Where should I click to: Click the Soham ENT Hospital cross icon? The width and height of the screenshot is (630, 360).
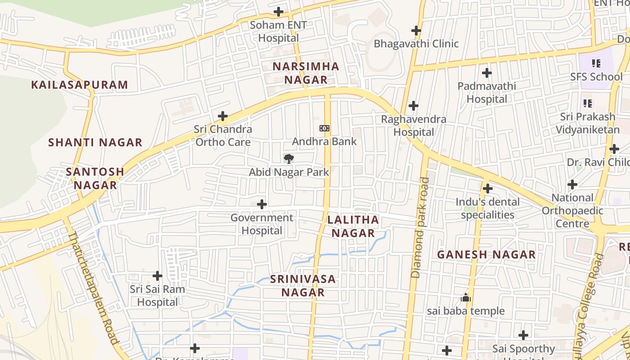[279, 12]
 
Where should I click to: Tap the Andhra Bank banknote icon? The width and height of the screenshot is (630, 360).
[324, 128]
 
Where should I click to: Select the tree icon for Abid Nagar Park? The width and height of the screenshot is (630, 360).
[289, 158]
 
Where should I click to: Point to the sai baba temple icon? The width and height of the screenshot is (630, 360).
[466, 297]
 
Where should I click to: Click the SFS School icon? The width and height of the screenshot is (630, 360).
[596, 63]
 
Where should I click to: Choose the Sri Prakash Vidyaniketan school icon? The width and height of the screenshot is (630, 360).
[587, 103]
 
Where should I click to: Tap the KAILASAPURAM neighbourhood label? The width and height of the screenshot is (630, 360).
[80, 85]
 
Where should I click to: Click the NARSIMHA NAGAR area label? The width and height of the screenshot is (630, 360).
[306, 73]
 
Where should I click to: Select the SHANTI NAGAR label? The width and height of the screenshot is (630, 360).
[95, 143]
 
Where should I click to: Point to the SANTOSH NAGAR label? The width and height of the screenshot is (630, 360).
[95, 178]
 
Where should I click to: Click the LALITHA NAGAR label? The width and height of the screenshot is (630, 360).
[353, 226]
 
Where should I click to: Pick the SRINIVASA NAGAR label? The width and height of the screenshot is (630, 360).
[303, 285]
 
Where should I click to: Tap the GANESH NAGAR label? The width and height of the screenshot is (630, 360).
[486, 255]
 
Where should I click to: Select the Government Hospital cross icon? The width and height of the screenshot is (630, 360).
[262, 204]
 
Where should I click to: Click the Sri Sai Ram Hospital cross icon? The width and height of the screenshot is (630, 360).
[157, 275]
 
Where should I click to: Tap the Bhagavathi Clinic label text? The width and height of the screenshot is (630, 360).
[416, 44]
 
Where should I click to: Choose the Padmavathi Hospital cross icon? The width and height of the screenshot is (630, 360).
[486, 72]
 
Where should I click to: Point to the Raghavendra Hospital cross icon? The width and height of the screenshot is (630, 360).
[414, 106]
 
